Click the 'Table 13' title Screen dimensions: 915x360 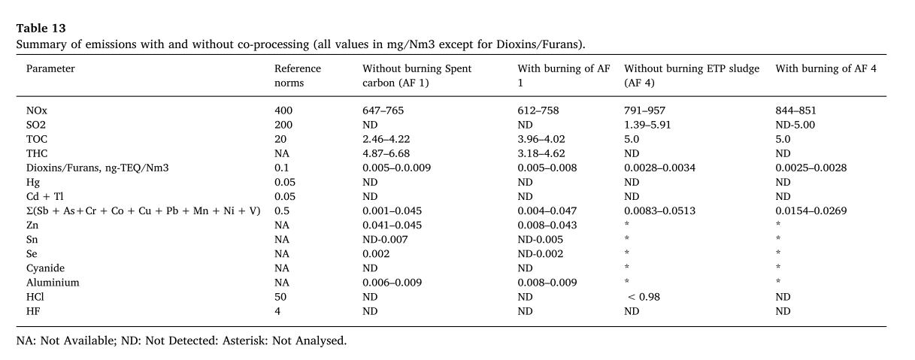[41, 28]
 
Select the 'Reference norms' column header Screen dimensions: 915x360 [298, 75]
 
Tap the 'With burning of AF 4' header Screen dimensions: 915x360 [826, 68]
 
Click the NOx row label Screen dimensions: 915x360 [37, 110]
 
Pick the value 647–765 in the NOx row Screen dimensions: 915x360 [383, 110]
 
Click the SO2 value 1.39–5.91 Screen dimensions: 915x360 [647, 125]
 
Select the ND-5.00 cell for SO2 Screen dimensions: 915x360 [795, 125]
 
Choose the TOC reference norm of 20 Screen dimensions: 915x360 [280, 139]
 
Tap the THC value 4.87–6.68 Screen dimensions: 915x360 [386, 153]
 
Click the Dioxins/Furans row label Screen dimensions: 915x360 [97, 168]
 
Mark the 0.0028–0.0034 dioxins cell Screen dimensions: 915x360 [659, 168]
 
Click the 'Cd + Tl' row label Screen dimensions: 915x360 [44, 197]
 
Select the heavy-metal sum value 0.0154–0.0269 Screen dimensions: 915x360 [810, 211]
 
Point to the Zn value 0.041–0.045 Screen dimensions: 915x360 [392, 225]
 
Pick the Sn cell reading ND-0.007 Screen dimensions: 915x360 [385, 240]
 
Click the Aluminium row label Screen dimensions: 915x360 [53, 283]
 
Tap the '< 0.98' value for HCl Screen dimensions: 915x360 [644, 297]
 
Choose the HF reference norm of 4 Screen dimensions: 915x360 [277, 311]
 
